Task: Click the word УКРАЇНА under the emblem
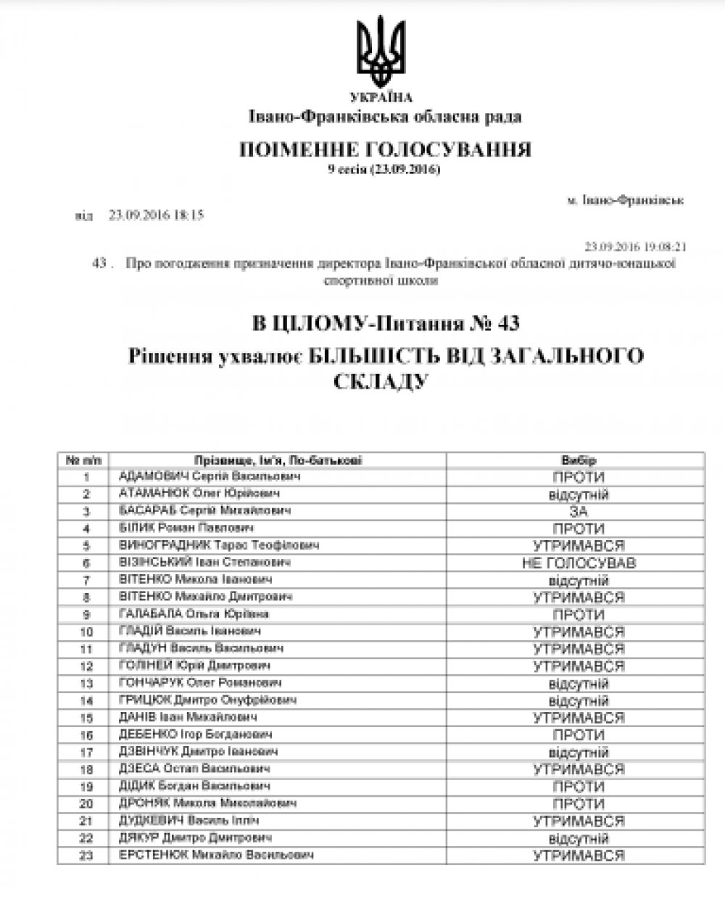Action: tap(380, 98)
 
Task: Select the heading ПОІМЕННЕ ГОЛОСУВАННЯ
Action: tap(385, 150)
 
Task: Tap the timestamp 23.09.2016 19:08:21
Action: tap(635, 246)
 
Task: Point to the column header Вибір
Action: tap(578, 460)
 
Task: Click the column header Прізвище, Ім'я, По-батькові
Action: tap(278, 460)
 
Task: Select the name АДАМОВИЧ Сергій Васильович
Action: tap(210, 476)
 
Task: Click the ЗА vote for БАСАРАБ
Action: tap(578, 512)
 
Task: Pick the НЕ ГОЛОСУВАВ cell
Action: tap(578, 563)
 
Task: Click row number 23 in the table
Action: tap(86, 855)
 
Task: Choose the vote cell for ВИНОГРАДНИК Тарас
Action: tap(578, 546)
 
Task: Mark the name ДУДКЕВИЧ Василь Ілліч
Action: tap(188, 821)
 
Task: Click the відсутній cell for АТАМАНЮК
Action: tap(578, 494)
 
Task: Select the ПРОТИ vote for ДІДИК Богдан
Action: tap(578, 787)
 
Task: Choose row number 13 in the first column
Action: tap(86, 683)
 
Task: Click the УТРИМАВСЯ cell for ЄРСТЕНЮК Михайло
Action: tap(578, 855)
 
